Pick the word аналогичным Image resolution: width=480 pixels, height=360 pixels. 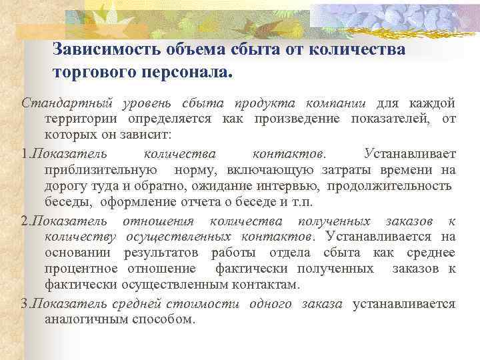(83, 319)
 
